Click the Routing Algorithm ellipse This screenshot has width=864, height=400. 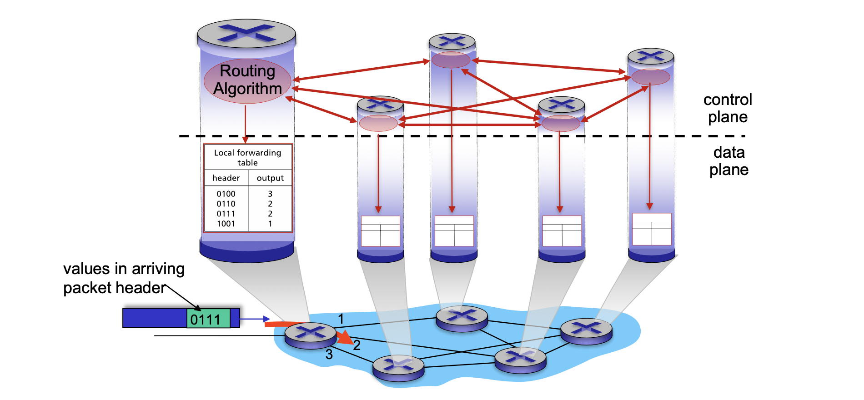tap(247, 81)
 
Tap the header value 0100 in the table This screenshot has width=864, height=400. tap(226, 194)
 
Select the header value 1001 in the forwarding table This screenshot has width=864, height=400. tap(226, 224)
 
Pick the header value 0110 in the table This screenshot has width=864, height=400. tap(226, 204)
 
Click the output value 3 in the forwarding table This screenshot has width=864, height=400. tap(270, 194)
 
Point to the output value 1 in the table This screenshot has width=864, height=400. tap(270, 224)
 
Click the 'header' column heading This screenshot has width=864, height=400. tap(226, 178)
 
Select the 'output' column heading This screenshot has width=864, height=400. tap(270, 178)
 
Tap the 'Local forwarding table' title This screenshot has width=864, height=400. tap(248, 158)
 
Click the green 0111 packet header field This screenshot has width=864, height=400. tap(208, 318)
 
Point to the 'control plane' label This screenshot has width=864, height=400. tap(728, 108)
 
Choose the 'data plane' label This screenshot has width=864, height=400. tap(729, 161)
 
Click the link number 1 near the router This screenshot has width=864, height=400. tap(341, 319)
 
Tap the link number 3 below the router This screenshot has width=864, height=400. tap(329, 354)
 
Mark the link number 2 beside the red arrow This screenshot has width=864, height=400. tap(357, 345)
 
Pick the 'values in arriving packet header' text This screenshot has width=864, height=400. tap(124, 278)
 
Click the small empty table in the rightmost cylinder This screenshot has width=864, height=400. tap(652, 229)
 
